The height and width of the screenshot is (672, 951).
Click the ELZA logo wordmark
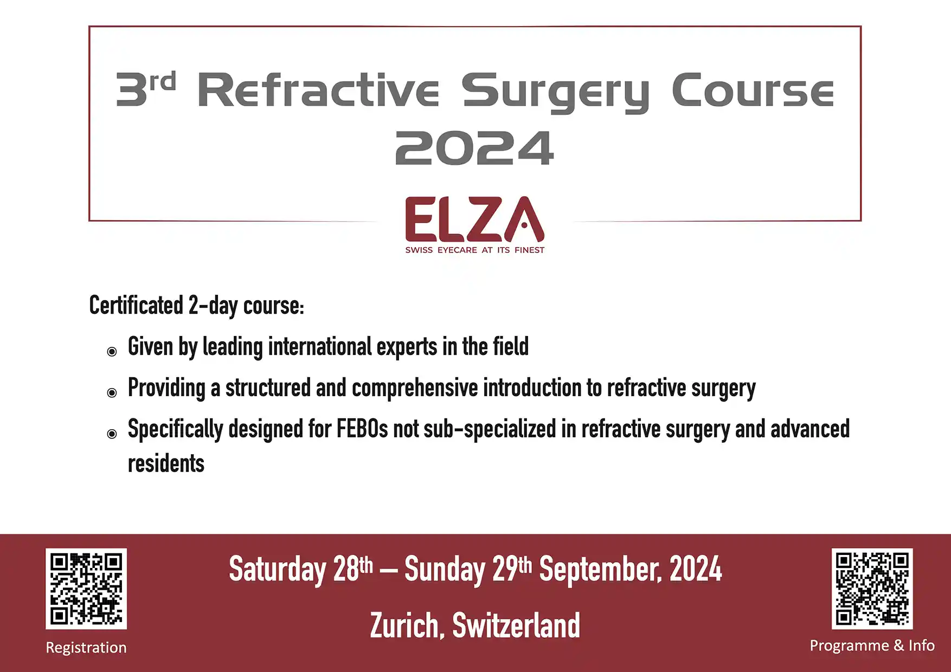point(474,219)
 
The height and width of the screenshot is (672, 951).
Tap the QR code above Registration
point(86,589)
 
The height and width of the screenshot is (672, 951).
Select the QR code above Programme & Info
point(872,589)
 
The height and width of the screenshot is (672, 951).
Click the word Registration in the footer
point(86,648)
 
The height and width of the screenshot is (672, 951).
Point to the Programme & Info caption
point(872,645)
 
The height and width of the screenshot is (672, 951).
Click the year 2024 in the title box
point(474,148)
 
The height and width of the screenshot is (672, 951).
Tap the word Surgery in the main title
point(555,92)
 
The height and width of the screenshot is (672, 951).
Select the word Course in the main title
point(753,89)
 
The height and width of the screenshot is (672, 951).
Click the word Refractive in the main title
point(318,89)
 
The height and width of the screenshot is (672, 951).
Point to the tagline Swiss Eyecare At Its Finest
point(474,250)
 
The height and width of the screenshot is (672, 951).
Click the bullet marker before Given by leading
point(112,352)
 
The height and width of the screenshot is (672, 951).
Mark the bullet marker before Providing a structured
point(112,393)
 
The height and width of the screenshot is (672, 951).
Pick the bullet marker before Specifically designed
point(112,434)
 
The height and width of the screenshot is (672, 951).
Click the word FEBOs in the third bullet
point(362,429)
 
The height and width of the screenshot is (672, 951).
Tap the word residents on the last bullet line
point(166,463)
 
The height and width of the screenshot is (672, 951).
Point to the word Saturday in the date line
point(277,570)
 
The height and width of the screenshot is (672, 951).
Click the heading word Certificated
point(136,306)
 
